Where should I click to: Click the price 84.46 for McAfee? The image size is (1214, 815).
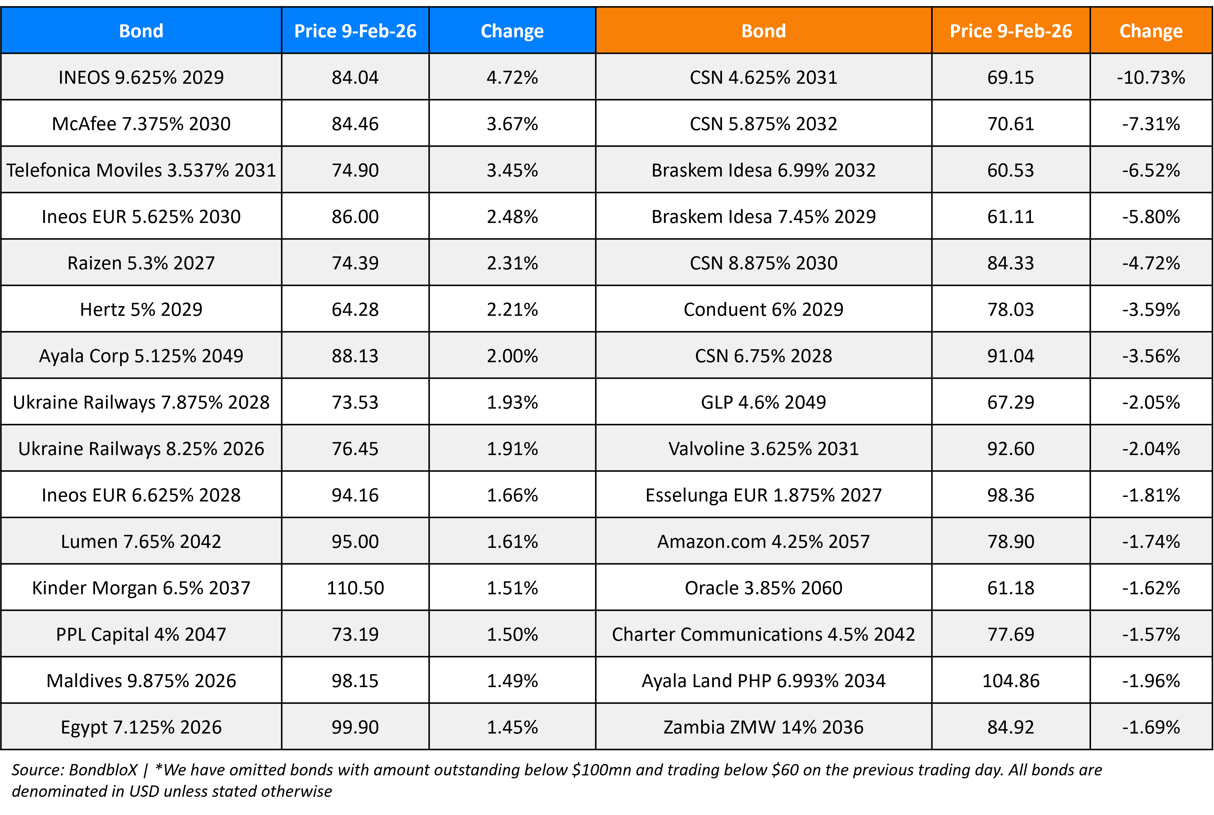355,124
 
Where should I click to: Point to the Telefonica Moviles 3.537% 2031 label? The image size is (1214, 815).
141,170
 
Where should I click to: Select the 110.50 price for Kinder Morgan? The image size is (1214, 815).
355,588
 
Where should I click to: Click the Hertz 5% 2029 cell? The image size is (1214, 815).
141,309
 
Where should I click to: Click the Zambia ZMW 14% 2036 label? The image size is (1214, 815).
763,727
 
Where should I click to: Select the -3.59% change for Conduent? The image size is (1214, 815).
1151,309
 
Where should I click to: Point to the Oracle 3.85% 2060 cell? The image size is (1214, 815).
763,588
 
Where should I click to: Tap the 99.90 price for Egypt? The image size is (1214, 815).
355,727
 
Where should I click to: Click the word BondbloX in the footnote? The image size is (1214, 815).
103,770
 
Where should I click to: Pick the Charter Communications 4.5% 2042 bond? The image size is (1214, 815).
763,635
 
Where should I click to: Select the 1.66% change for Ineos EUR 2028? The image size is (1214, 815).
512,495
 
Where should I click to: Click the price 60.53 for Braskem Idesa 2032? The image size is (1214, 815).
1010,170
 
